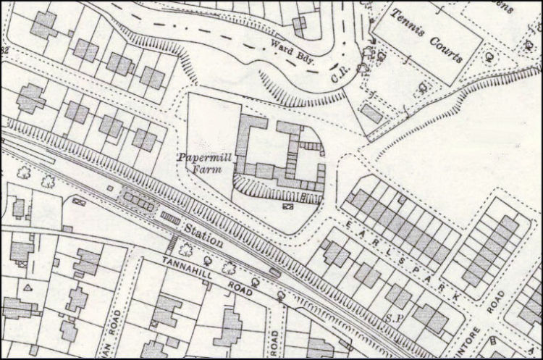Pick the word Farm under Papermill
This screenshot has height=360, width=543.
(204, 169)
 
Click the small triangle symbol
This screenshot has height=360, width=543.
(28, 288)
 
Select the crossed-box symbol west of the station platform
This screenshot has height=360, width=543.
(79, 201)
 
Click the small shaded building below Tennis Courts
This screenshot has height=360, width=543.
(371, 113)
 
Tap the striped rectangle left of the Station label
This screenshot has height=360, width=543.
(169, 217)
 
